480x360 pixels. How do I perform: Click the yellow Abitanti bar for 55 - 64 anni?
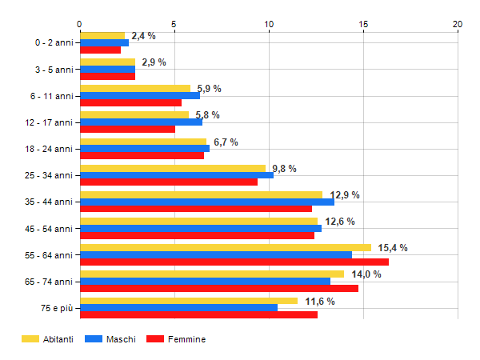[x=225, y=247]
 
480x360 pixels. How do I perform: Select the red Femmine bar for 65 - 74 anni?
[x=218, y=289]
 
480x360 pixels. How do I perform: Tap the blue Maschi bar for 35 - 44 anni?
[x=206, y=202]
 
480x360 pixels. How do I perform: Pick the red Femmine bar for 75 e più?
[x=198, y=315]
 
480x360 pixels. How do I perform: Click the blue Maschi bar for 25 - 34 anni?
[x=176, y=175]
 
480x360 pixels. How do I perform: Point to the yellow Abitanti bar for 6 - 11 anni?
[x=134, y=88]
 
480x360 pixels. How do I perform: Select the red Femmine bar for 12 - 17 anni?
[x=127, y=129]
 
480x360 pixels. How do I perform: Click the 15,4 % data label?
[x=393, y=248]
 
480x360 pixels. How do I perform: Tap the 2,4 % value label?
[x=143, y=36]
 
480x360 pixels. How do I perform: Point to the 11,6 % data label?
[x=319, y=301]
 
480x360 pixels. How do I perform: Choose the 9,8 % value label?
[x=284, y=169]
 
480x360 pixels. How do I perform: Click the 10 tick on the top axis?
[x=269, y=24]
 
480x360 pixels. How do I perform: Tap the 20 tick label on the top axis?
[x=458, y=24]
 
